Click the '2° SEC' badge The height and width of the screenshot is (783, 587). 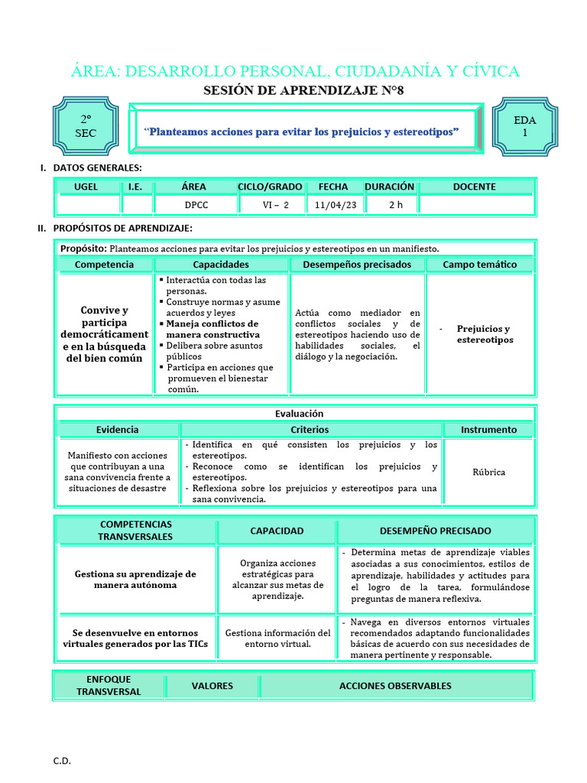(86, 126)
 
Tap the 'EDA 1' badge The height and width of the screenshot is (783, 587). (524, 126)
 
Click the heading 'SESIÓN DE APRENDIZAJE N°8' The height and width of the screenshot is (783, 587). (293, 90)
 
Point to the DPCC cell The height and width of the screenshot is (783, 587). (196, 205)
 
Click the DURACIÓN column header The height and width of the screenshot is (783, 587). (389, 187)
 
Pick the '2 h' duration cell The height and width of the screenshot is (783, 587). (395, 205)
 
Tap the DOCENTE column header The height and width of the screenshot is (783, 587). (474, 187)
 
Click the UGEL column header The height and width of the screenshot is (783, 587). (86, 187)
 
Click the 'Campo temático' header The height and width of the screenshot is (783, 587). (479, 265)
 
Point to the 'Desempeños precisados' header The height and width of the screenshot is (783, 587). (357, 265)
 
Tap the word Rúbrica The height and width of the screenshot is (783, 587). (488, 472)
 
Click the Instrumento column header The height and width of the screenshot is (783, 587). (488, 430)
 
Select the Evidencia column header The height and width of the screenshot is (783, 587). (117, 430)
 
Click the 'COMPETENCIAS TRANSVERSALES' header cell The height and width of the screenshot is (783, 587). (135, 531)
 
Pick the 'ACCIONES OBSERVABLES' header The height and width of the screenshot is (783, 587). (395, 686)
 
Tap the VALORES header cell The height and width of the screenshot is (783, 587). (212, 686)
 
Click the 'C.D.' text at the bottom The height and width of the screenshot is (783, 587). (62, 761)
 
